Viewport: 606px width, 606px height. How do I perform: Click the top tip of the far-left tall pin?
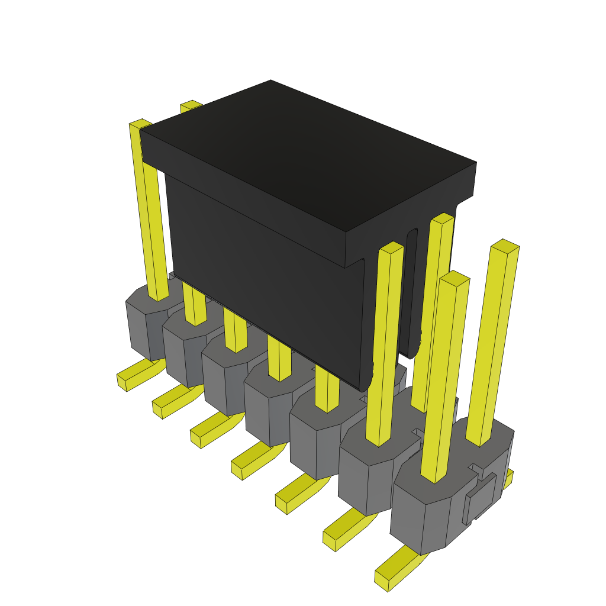(141, 124)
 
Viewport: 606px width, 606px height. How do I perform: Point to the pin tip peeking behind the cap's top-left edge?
(191, 105)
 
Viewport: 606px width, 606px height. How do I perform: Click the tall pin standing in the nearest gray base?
(444, 379)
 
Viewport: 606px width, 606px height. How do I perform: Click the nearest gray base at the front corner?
(420, 521)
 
